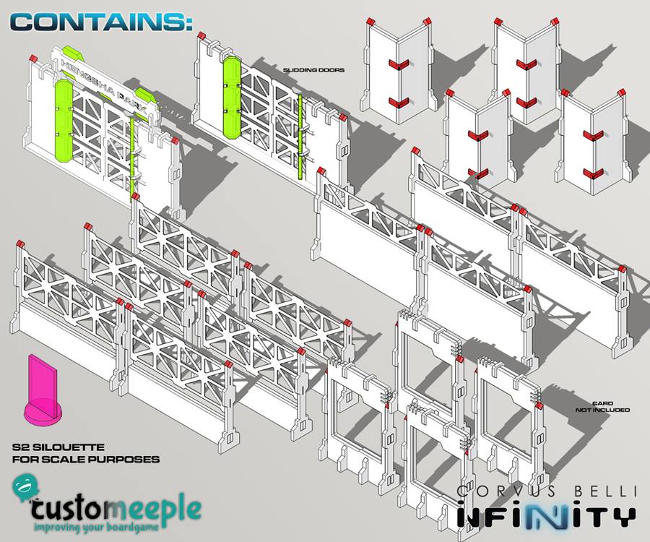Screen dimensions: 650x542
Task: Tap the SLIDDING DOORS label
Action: (314, 70)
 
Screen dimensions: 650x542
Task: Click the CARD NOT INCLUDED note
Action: (602, 406)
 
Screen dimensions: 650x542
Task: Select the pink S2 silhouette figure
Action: (41, 389)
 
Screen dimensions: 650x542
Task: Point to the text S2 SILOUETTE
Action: (58, 447)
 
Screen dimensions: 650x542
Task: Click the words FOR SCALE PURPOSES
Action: (86, 460)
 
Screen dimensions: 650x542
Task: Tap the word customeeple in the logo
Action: (116, 509)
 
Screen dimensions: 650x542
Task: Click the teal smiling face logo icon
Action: (25, 488)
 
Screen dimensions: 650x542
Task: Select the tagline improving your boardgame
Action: (96, 528)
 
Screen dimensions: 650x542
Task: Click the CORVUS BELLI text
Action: (547, 491)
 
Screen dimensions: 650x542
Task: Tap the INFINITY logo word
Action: (547, 515)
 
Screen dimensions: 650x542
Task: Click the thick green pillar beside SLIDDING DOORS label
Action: (233, 98)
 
